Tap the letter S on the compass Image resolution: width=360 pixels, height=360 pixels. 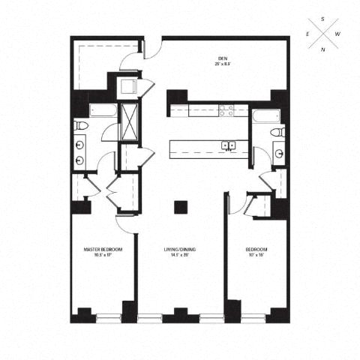[x=323, y=18]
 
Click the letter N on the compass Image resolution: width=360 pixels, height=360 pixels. [x=323, y=49]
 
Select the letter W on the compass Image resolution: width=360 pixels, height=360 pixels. [x=338, y=34]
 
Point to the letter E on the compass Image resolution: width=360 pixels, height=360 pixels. [x=307, y=34]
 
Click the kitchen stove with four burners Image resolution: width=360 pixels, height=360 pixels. [x=226, y=110]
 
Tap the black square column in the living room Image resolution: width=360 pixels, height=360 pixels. [x=179, y=207]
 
